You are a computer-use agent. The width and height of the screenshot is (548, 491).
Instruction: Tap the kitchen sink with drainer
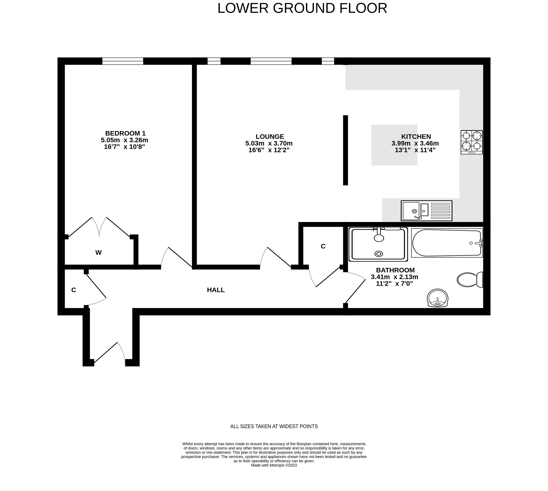tap(426, 211)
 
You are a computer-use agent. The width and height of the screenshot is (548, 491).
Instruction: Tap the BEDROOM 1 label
tap(125, 133)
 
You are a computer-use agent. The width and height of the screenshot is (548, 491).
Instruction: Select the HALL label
tap(216, 290)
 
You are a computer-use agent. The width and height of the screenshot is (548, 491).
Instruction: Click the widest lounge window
tap(271, 61)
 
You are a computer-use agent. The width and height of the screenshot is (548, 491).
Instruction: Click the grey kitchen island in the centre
tap(394, 145)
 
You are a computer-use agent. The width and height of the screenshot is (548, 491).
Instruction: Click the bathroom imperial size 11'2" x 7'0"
tap(394, 284)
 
